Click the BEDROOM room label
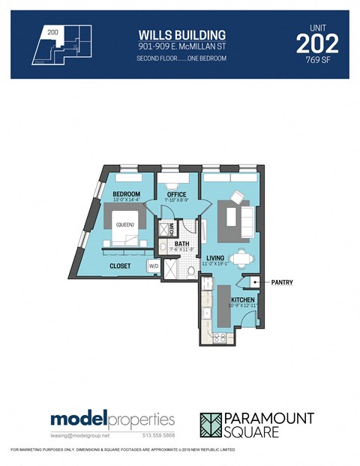(x=126, y=194)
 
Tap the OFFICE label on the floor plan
(x=177, y=194)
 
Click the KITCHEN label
(x=242, y=299)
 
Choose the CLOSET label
(x=120, y=266)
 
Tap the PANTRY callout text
(x=282, y=283)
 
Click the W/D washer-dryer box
(x=153, y=265)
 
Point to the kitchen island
(x=222, y=307)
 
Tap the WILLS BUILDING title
(x=181, y=35)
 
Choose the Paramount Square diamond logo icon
(x=213, y=424)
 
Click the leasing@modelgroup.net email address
(x=80, y=434)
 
